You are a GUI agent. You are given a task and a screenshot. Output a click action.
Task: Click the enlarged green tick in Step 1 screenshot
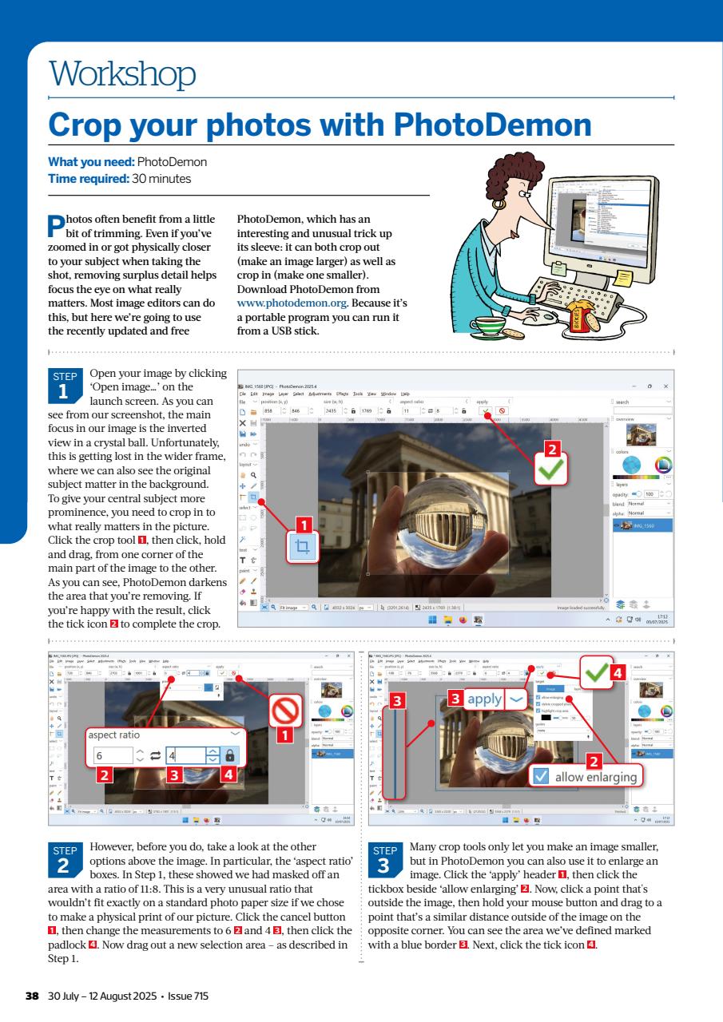549,469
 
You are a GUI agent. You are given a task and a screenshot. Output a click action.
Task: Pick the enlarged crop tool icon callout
302,548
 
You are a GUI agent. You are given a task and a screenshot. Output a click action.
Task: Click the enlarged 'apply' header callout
484,699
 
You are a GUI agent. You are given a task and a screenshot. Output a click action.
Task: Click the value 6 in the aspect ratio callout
100,755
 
